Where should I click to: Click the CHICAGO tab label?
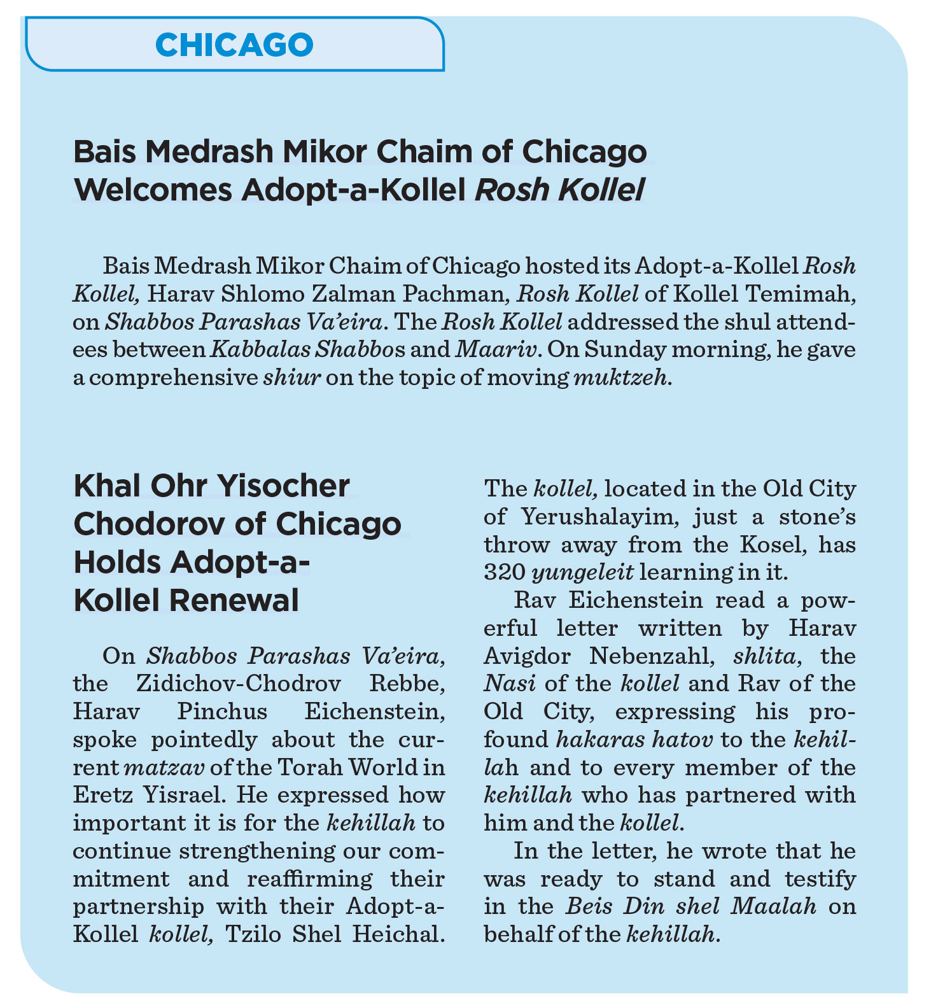pyautogui.click(x=234, y=45)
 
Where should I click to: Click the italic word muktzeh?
pyautogui.click(x=621, y=377)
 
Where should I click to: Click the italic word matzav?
pyautogui.click(x=166, y=768)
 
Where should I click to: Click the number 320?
pyautogui.click(x=503, y=572)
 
